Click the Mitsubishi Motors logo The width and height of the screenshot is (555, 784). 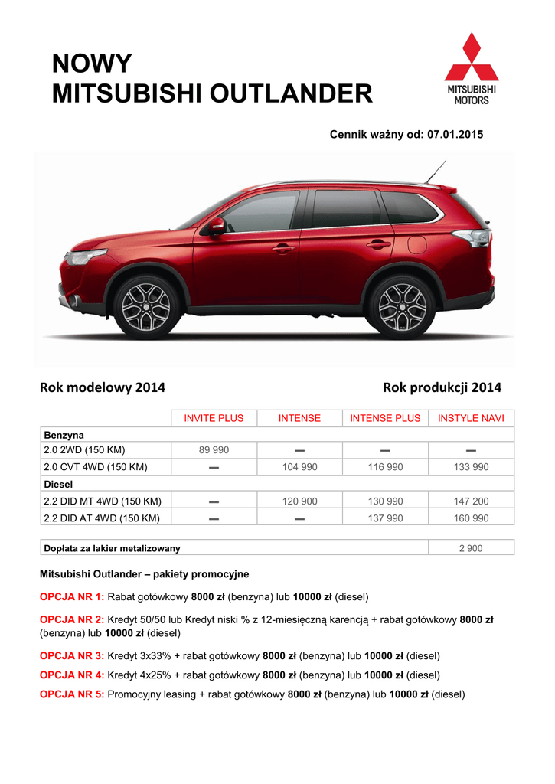coord(472,68)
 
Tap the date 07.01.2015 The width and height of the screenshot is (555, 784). coord(455,134)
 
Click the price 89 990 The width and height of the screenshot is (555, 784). coord(214,450)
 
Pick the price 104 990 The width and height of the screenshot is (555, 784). coord(299,467)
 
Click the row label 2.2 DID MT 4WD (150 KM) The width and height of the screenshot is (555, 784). coord(103,501)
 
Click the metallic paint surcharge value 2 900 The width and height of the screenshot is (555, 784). coord(471,548)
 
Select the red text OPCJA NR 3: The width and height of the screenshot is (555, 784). coord(72,656)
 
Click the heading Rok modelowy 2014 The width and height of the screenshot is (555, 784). coord(103,388)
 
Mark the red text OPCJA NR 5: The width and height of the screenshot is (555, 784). coord(72,694)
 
